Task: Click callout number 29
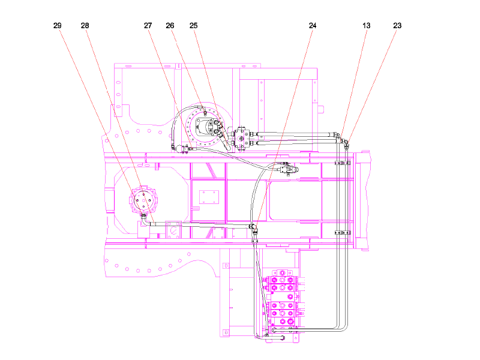pyautogui.click(x=57, y=26)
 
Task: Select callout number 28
pyautogui.click(x=85, y=26)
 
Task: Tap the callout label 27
pyautogui.click(x=148, y=26)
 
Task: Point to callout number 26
pyautogui.click(x=170, y=26)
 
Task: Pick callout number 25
pyautogui.click(x=193, y=26)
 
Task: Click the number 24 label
pyautogui.click(x=312, y=26)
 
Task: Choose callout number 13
pyautogui.click(x=367, y=26)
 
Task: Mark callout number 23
pyautogui.click(x=397, y=26)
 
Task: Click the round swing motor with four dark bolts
pyautogui.click(x=143, y=200)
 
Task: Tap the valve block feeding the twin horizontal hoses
pyautogui.click(x=242, y=139)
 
